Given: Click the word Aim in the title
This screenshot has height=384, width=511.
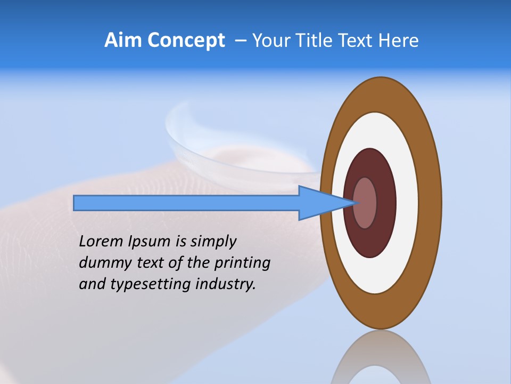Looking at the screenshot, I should pyautogui.click(x=123, y=41).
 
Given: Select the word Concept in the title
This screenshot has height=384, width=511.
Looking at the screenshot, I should pyautogui.click(x=186, y=41).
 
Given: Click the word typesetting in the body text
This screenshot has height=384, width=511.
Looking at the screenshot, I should pyautogui.click(x=151, y=284).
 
